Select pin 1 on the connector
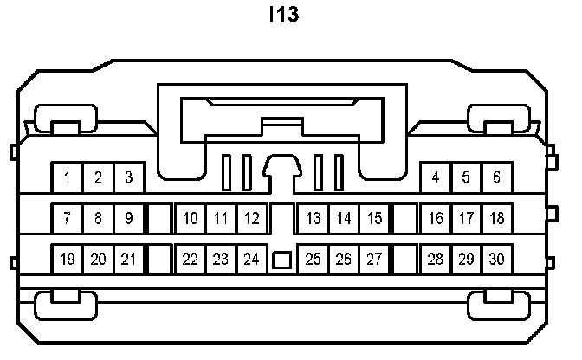[x=68, y=178]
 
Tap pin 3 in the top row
[x=128, y=178]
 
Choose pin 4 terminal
[x=435, y=178]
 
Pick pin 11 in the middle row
[x=221, y=218]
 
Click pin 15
[x=373, y=218]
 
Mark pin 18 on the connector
[x=496, y=218]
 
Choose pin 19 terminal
[x=68, y=259]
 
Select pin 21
[x=128, y=259]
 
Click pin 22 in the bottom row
[x=191, y=259]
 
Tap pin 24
[x=251, y=259]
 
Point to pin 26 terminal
[x=343, y=259]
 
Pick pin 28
[x=435, y=259]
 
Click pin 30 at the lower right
[x=496, y=259]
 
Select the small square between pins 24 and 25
[x=281, y=259]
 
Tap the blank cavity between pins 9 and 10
[x=159, y=218]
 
